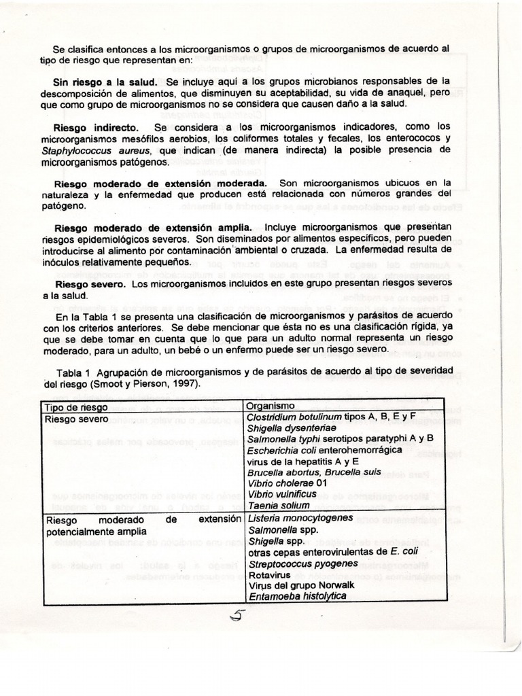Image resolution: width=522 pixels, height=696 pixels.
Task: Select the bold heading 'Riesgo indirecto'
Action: click(96, 127)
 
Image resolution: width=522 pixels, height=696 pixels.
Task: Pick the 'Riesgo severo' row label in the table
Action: click(76, 419)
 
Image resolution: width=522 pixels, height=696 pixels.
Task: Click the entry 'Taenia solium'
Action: click(278, 505)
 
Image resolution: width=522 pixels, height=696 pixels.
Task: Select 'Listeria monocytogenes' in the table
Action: click(300, 518)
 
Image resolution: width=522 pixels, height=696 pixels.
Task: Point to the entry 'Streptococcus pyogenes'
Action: click(303, 563)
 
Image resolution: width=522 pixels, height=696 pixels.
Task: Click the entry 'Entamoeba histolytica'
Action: click(297, 596)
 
